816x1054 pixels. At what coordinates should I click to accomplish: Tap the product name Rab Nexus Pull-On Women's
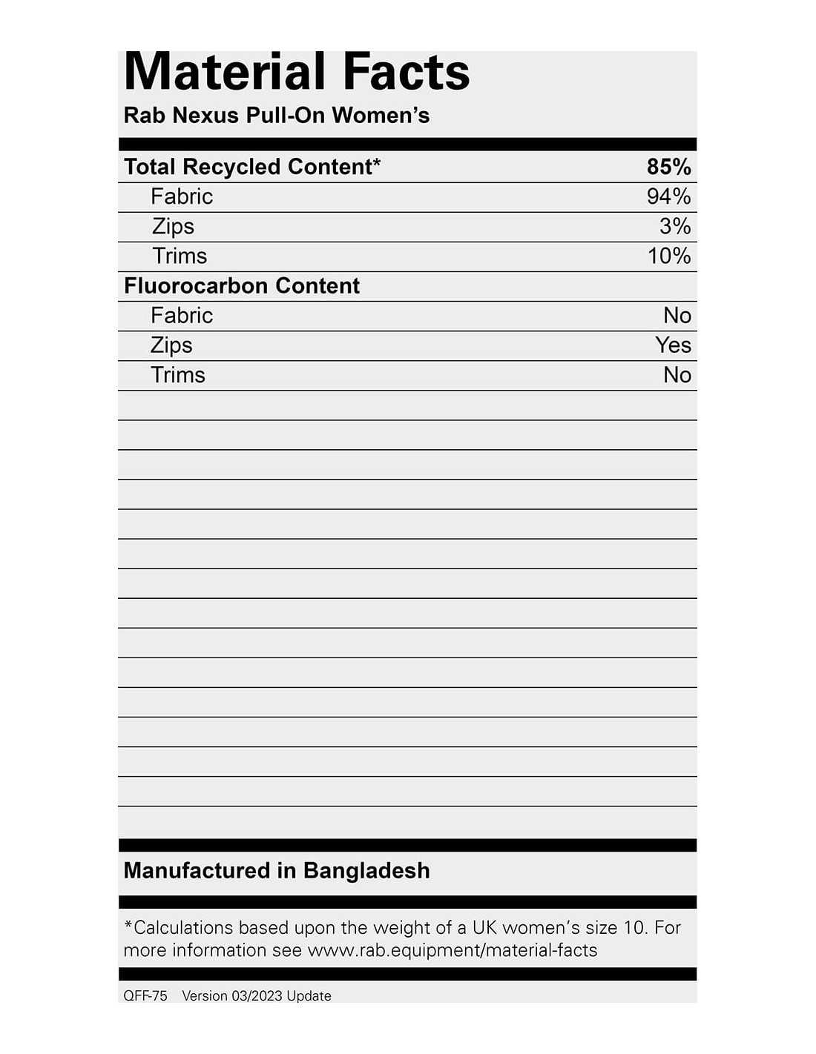277,116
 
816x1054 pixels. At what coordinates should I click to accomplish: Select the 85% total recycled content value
668,167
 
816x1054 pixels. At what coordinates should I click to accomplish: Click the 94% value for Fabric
668,196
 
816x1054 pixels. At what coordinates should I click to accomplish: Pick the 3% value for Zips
675,226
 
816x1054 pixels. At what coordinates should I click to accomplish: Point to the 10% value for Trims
669,256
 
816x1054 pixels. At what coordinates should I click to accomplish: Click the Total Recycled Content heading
251,167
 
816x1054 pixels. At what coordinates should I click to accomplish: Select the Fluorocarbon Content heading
242,285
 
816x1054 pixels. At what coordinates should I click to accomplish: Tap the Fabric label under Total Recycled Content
182,196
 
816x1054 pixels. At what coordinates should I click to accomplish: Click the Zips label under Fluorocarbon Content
171,345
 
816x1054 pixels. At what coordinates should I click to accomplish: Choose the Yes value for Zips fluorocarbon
673,345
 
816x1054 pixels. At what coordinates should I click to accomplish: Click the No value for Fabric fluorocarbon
677,316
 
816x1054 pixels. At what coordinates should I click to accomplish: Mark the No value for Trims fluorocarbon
677,375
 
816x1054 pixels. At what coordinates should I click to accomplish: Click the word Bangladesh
366,870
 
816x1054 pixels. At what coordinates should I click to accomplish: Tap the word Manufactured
197,870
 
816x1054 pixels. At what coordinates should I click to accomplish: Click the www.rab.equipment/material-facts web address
453,950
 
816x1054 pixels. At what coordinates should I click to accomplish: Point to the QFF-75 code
145,996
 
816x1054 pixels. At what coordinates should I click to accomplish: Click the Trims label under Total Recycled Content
180,256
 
